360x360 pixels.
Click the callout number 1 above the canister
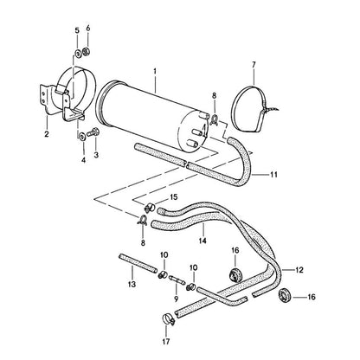tap(155, 71)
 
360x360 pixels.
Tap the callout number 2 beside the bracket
tap(47, 134)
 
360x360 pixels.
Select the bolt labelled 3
tap(93, 133)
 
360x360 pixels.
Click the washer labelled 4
tap(81, 135)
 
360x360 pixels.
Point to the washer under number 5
tap(77, 54)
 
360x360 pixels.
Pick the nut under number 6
tap(86, 52)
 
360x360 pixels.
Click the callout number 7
tap(254, 65)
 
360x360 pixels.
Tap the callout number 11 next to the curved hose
tap(273, 175)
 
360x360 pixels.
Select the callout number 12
tap(299, 270)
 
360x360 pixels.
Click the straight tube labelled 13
tap(138, 264)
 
